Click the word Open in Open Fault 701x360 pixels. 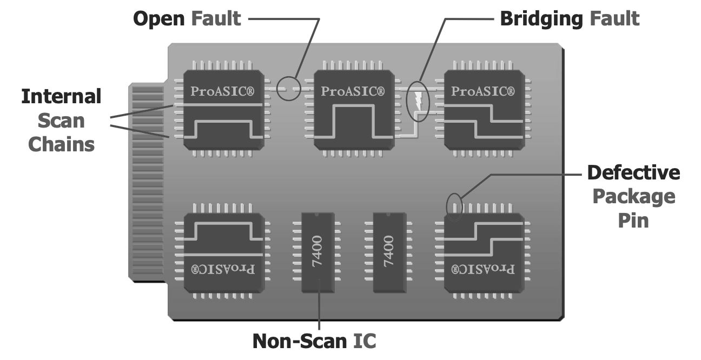[x=159, y=19]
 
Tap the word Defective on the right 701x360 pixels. [x=633, y=173]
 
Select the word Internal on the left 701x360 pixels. [x=61, y=97]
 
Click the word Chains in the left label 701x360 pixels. [x=61, y=144]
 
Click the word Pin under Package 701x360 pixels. [x=633, y=221]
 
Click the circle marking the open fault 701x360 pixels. [x=288, y=88]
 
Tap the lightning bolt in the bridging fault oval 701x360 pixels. [x=418, y=101]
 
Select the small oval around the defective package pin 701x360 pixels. [x=454, y=207]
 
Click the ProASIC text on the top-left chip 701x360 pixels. [x=223, y=91]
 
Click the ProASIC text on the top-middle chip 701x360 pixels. [x=353, y=91]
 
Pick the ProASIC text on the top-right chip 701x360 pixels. [x=483, y=91]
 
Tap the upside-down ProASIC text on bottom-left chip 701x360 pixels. [x=223, y=268]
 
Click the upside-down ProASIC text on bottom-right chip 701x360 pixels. [x=483, y=268]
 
